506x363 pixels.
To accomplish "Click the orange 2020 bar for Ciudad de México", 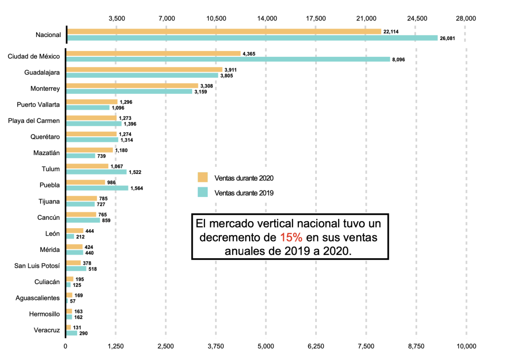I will coord(153,53).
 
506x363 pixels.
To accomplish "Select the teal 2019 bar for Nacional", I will coord(252,38).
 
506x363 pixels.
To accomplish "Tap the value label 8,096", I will coord(398,60).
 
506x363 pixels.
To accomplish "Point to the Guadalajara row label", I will coord(42,73).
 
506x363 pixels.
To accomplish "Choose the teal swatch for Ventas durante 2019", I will coord(203,193).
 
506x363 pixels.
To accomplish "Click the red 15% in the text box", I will coord(291,238).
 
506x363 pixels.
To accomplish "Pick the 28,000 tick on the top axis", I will coord(466,18).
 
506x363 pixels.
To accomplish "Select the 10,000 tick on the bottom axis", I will coord(466,346).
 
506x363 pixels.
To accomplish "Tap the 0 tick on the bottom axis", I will coord(65,346).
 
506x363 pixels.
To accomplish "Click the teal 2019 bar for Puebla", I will coord(97,188).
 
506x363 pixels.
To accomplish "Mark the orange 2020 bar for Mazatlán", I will coord(89,150).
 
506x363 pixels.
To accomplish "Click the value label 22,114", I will coord(391,32).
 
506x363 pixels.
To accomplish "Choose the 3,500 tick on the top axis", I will coord(117,18).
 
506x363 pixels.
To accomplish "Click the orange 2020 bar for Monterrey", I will coord(132,85).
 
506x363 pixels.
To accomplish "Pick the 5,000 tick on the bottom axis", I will coord(265,346).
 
